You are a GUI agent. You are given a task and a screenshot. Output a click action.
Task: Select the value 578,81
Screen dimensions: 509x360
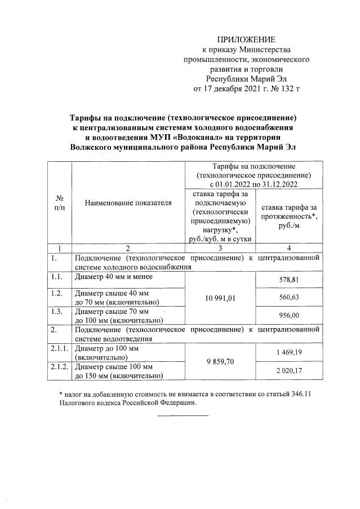(288, 280)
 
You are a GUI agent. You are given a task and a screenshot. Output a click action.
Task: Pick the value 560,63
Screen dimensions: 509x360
(288, 298)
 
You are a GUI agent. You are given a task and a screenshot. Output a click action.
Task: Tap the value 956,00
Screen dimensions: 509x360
(288, 317)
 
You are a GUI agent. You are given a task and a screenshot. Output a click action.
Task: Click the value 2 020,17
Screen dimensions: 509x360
(288, 370)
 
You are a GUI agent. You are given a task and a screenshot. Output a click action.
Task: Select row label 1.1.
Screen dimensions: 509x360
(55, 276)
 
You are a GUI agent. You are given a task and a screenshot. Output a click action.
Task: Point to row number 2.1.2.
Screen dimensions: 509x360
(58, 367)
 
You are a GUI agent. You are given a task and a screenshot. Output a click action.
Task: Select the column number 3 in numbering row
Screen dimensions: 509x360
(220, 247)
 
